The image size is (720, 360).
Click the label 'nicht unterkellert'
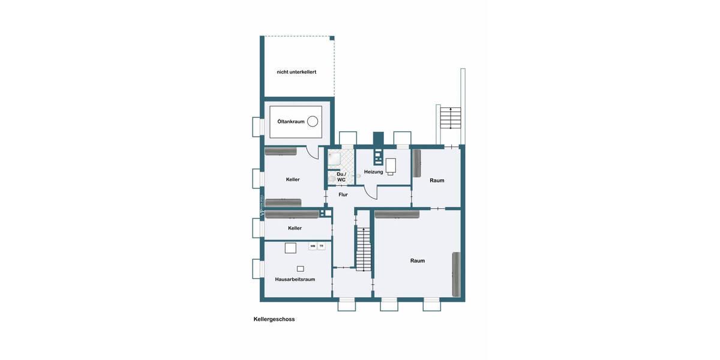(x=296, y=72)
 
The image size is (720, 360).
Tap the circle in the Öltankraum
(x=313, y=122)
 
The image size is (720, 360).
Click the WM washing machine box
(x=313, y=246)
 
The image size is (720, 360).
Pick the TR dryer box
(x=321, y=246)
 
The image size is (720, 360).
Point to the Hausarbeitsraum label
(x=295, y=279)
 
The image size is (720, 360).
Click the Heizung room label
(x=373, y=172)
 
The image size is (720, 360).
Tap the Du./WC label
(x=341, y=176)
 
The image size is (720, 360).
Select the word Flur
(x=343, y=194)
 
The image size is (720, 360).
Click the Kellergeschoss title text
(x=274, y=319)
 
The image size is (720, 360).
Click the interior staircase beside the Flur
(x=364, y=249)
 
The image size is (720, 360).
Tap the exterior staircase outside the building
(x=450, y=118)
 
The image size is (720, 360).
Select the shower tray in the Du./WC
(x=334, y=159)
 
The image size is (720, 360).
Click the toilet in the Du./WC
(x=332, y=179)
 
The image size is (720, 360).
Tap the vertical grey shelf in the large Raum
(x=456, y=274)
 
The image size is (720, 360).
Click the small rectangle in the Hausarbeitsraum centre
(x=301, y=268)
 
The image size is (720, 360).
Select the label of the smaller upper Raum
(x=437, y=180)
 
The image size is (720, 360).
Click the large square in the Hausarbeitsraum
(x=291, y=248)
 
